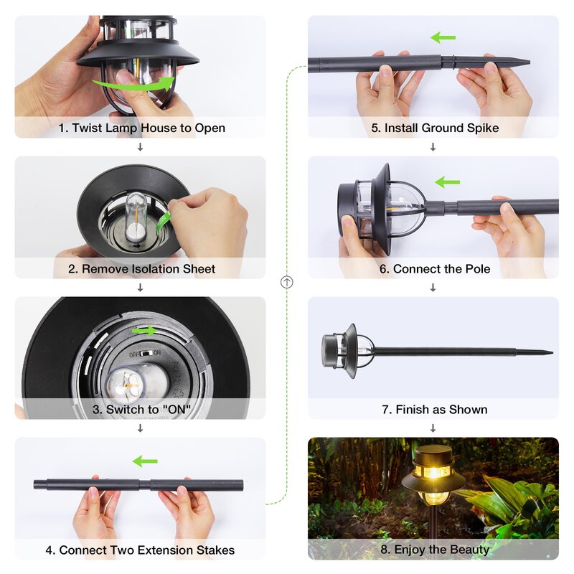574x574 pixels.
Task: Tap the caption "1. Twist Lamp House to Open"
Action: pos(141,128)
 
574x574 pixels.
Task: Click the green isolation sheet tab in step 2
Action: pos(163,222)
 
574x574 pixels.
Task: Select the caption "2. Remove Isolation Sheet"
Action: pos(141,269)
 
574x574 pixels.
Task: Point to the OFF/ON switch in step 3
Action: pos(145,354)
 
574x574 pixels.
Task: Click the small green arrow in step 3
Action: pos(144,331)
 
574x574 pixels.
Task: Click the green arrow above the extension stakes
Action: pos(145,461)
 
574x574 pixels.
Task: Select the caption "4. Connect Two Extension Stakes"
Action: pos(140,550)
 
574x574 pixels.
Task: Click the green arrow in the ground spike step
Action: pos(443,37)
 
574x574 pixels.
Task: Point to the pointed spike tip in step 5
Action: pos(529,62)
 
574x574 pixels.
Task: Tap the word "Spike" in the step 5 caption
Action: pos(483,128)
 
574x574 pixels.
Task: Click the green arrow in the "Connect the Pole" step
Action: pos(447,182)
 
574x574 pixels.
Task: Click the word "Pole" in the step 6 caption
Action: pos(477,269)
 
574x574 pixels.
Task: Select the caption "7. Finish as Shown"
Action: pos(435,409)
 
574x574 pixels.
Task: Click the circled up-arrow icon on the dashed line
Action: pos(286,282)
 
